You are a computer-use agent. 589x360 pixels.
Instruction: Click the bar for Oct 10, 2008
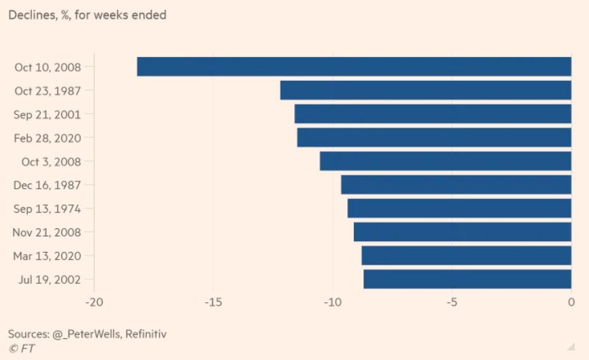[x=354, y=67]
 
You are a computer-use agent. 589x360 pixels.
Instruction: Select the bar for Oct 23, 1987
[x=425, y=90]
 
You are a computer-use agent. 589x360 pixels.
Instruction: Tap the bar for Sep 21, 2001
[x=433, y=114]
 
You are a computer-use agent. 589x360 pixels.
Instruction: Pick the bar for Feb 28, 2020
[x=434, y=138]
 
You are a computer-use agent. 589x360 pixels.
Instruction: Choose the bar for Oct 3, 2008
[x=445, y=161]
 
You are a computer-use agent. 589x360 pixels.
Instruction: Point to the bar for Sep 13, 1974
[x=459, y=209]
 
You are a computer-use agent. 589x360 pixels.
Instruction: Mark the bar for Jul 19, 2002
[x=467, y=279]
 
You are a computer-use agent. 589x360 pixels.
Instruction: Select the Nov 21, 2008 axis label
[x=47, y=232]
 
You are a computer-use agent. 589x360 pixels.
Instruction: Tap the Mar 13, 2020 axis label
[x=47, y=256]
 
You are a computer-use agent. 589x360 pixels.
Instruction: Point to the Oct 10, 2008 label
[x=48, y=67]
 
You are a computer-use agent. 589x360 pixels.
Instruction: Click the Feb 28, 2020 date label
[x=47, y=139]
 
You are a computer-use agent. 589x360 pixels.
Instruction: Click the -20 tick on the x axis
[x=94, y=302]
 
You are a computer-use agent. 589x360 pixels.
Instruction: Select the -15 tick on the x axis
[x=213, y=302]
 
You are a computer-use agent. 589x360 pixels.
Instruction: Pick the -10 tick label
[x=332, y=302]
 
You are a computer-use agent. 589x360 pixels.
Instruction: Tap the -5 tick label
[x=452, y=302]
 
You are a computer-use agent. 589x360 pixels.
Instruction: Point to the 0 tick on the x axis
[x=571, y=302]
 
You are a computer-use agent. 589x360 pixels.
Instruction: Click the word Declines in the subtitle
[x=31, y=15]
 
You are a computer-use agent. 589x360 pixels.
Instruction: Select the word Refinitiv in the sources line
[x=143, y=334]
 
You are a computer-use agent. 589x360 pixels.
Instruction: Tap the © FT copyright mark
[x=22, y=348]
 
